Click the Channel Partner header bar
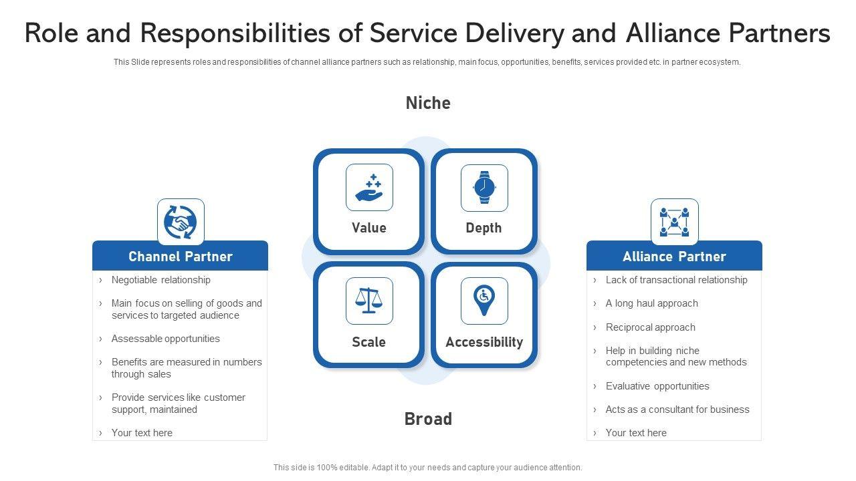pyautogui.click(x=180, y=257)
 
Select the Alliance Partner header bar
pyautogui.click(x=674, y=257)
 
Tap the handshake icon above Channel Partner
pyautogui.click(x=181, y=222)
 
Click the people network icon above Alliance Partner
pyautogui.click(x=674, y=222)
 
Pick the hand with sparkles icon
pyautogui.click(x=369, y=188)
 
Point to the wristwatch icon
pyautogui.click(x=484, y=188)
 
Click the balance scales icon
pyautogui.click(x=369, y=301)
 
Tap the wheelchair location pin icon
pyautogui.click(x=484, y=301)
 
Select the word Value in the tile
pyautogui.click(x=369, y=228)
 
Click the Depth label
pyautogui.click(x=484, y=228)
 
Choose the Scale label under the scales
pyautogui.click(x=368, y=342)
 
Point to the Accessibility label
pyautogui.click(x=484, y=342)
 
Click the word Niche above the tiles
pyautogui.click(x=428, y=103)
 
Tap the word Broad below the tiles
pyautogui.click(x=428, y=419)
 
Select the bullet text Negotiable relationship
pyautogui.click(x=160, y=280)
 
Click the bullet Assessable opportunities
pyautogui.click(x=165, y=339)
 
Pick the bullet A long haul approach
pyautogui.click(x=651, y=303)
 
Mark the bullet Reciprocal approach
pyautogui.click(x=650, y=327)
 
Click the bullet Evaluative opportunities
pyautogui.click(x=657, y=386)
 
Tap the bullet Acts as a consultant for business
pyautogui.click(x=677, y=410)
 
